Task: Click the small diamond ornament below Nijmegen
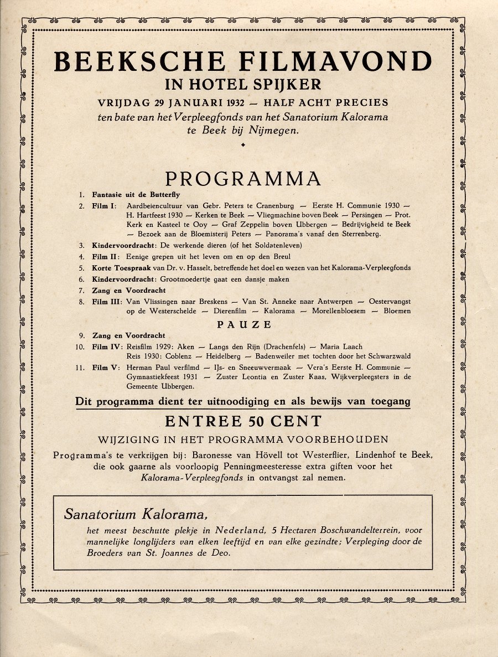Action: (x=243, y=145)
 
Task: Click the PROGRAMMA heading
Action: (x=243, y=179)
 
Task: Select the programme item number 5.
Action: (x=81, y=268)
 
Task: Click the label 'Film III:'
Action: (x=107, y=301)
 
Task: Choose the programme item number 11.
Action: (x=80, y=367)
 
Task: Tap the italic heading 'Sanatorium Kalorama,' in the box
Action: (x=136, y=514)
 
